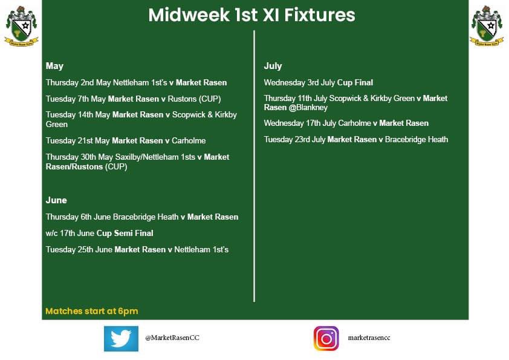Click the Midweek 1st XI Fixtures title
251,16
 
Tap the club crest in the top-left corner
21,25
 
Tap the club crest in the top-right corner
487,25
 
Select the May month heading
54,66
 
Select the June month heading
56,200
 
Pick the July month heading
273,66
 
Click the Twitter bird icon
121,339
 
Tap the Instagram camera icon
326,339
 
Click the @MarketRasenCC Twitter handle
172,338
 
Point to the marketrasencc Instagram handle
369,338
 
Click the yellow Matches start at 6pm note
92,312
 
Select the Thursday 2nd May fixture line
137,82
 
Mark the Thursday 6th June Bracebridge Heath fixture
142,217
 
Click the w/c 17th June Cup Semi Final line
100,233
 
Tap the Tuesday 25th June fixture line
137,249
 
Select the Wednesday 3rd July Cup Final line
319,82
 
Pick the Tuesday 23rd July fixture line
356,139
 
